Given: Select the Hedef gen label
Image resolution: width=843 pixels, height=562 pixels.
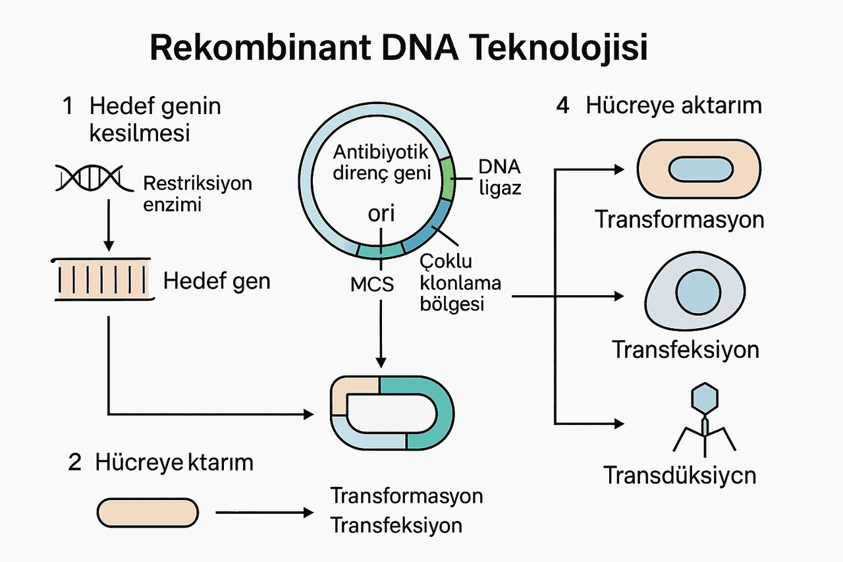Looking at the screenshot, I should tap(217, 281).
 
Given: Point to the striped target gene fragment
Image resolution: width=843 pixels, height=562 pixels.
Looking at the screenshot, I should tap(104, 280).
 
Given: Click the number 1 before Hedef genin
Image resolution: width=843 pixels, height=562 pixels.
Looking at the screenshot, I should tap(68, 107).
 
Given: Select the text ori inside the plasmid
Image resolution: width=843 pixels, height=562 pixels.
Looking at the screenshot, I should tap(380, 215).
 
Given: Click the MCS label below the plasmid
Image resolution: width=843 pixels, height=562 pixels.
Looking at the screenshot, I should tap(372, 285).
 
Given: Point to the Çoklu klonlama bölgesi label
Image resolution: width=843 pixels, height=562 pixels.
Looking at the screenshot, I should tap(460, 283).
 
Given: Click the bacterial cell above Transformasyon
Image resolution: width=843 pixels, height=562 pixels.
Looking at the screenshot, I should tap(699, 169).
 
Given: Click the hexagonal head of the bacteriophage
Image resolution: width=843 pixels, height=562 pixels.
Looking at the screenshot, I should tap(705, 397).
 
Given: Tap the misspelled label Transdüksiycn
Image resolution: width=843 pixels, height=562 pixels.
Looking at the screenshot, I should tap(680, 475).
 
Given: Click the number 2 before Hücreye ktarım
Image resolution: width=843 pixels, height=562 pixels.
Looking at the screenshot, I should tap(75, 463).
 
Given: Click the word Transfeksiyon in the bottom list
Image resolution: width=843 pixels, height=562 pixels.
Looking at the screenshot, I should tap(396, 526).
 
